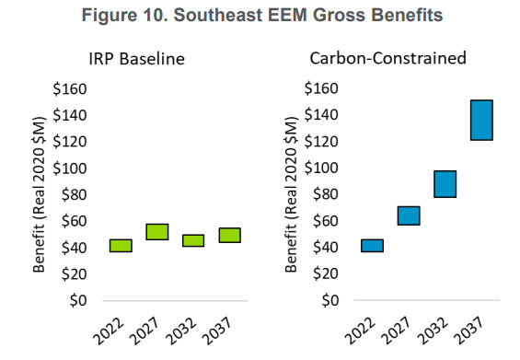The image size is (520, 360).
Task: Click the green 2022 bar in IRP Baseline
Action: tap(121, 245)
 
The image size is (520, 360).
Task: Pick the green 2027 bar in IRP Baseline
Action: tap(157, 231)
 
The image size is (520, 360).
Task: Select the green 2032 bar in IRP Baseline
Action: tap(193, 240)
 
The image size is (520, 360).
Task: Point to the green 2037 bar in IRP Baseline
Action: tap(229, 235)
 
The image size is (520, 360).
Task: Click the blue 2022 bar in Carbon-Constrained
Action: tap(372, 245)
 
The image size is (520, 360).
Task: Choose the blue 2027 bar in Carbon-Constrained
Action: tap(409, 215)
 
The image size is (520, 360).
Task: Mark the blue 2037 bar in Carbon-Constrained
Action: tap(481, 120)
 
